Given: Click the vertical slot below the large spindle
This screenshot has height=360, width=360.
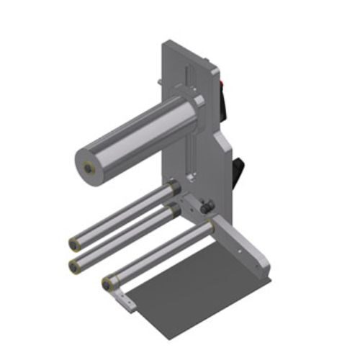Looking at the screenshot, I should coord(192,155).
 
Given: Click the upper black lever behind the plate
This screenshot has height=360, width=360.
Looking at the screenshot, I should coord(225,108).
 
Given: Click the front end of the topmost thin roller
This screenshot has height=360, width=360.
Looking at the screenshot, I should coord(75,241).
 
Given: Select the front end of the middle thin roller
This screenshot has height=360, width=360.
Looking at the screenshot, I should coord(74,266).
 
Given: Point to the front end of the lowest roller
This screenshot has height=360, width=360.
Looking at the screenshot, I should coord(108,283).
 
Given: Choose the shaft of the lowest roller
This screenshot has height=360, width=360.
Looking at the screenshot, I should coord(158,252).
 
